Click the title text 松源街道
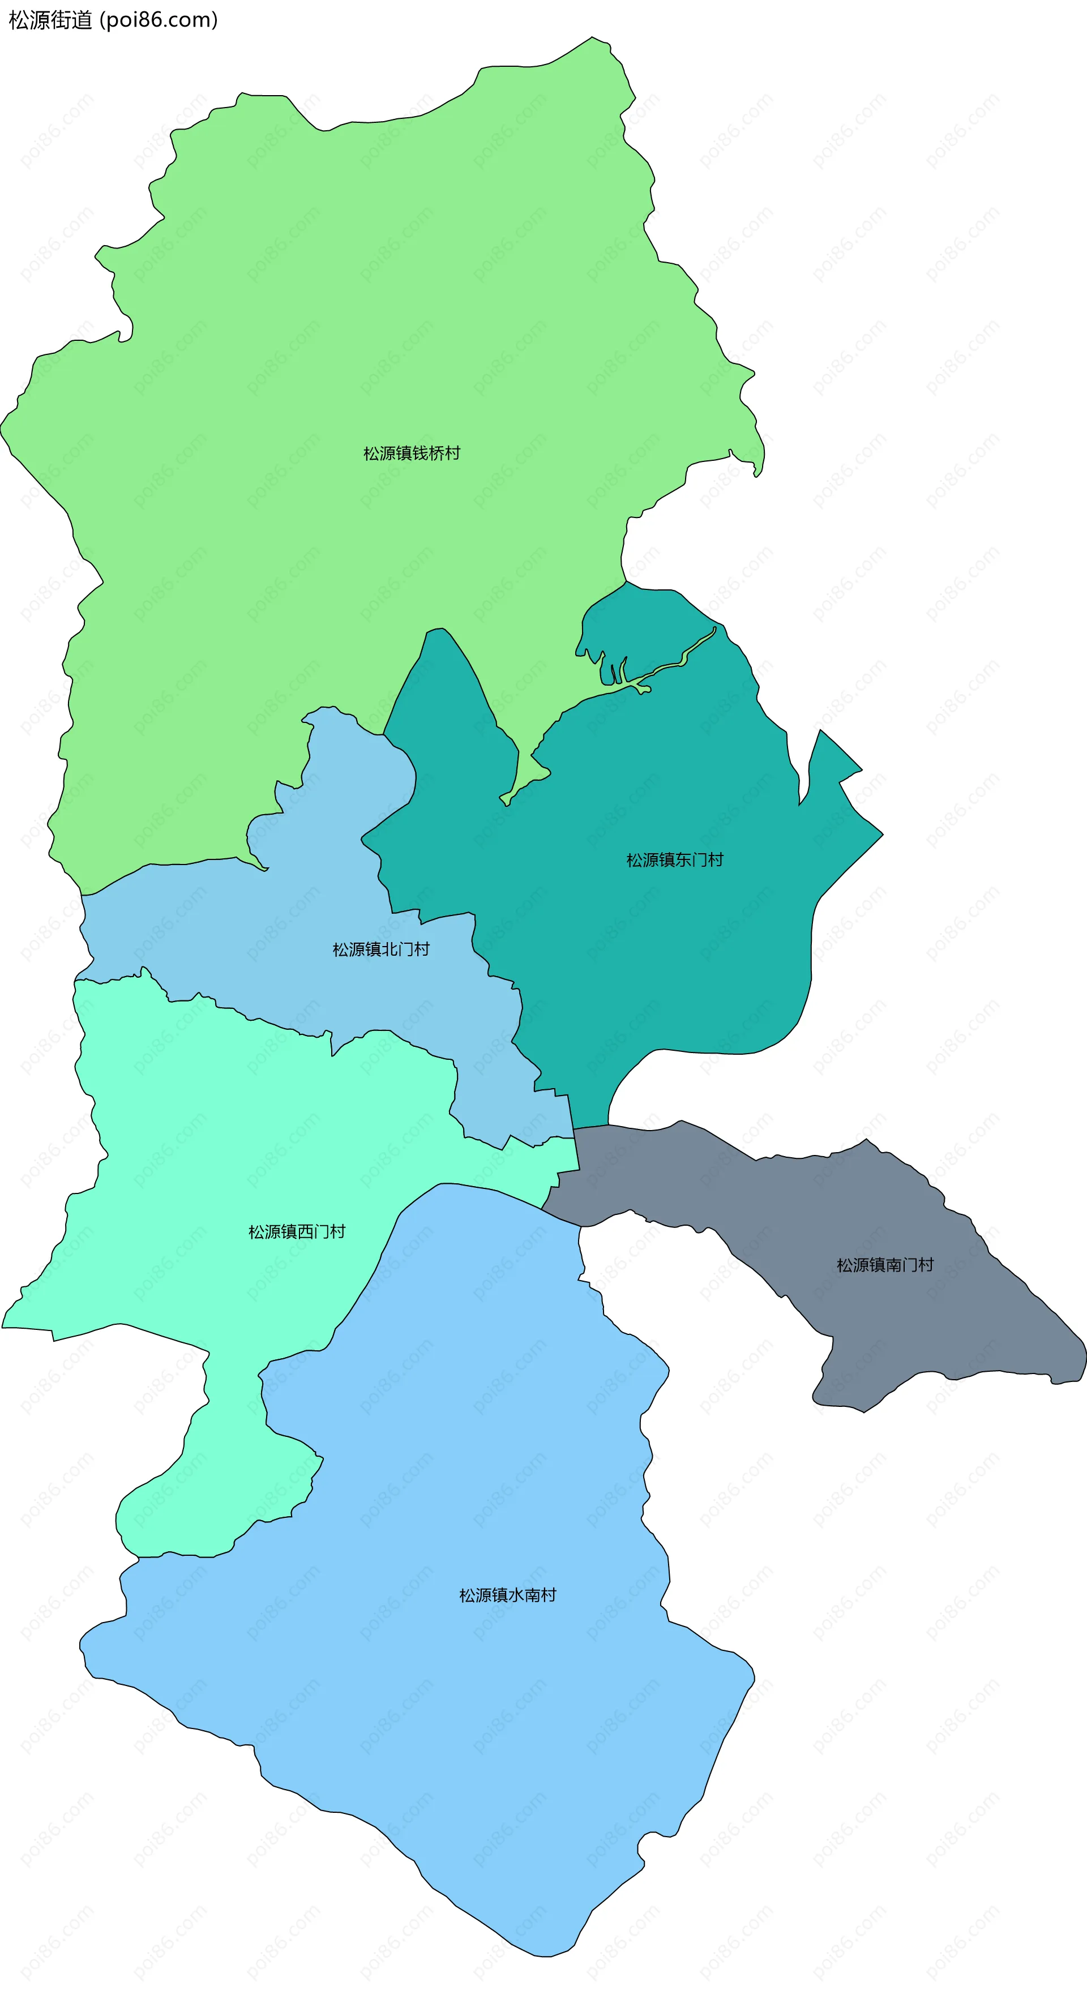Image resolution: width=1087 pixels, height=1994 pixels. pos(50,20)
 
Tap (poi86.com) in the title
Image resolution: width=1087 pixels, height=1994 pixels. pos(159,20)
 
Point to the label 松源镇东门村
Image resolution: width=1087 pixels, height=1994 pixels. pos(674,860)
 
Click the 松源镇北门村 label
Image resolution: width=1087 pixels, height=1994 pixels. pos(381,950)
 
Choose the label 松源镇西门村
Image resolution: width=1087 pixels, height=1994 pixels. pos(297,1231)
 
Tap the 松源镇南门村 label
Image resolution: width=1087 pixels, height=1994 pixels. pos(885,1265)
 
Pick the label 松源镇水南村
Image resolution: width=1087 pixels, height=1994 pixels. pos(507,1595)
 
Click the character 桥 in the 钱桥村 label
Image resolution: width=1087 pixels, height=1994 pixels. pos(436,453)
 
